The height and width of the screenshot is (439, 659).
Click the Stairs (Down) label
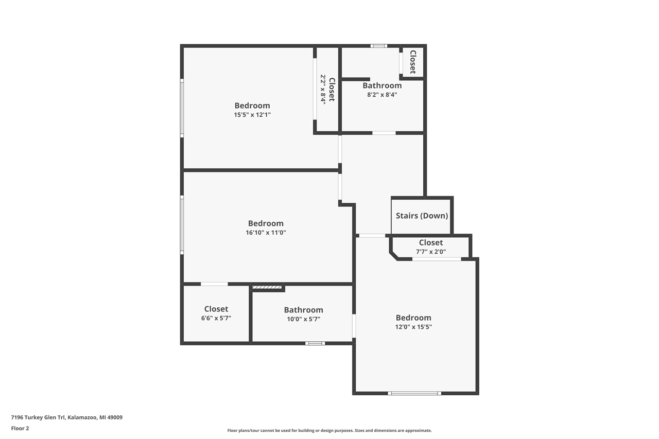pos(422,216)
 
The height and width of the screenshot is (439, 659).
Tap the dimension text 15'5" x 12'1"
pos(252,115)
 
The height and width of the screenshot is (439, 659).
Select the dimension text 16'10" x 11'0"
pos(266,233)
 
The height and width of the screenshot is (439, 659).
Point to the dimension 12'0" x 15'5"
pos(413,327)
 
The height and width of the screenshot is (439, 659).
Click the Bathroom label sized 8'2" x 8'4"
pos(382,85)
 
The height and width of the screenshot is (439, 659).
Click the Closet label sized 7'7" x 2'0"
pos(430,242)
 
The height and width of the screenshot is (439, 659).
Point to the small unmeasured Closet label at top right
pos(413,62)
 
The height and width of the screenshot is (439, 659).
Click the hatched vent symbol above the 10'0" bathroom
pos(267,287)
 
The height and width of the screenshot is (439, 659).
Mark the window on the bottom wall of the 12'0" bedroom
pos(414,393)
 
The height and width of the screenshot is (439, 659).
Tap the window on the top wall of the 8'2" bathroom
pos(379,46)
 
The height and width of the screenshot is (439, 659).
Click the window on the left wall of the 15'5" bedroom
pos(182,108)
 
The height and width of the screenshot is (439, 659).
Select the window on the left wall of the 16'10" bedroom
pos(182,225)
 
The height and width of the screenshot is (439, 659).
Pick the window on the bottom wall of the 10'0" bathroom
pos(315,343)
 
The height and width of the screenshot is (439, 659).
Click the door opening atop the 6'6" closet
pos(214,284)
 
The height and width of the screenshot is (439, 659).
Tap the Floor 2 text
pos(20,428)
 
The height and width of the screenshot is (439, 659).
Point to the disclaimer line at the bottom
pos(329,430)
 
